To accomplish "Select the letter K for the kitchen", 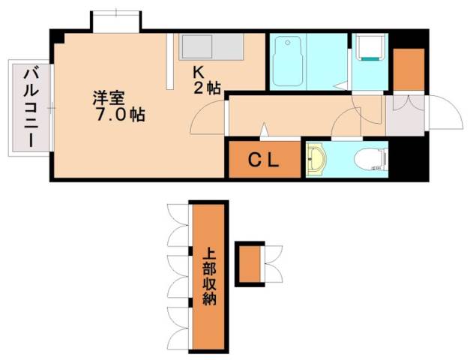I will tap(199, 73).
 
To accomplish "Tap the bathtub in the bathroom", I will tap(286, 61).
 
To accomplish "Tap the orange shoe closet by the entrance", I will tap(409, 69).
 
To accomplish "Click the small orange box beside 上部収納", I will tap(250, 264).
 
